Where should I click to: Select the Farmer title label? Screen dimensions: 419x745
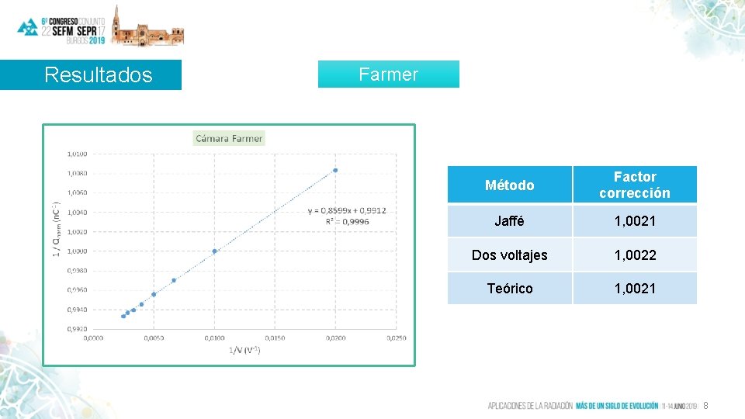pyautogui.click(x=388, y=74)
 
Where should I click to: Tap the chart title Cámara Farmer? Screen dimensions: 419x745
pyautogui.click(x=229, y=139)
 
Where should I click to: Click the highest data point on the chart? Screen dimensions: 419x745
pyautogui.click(x=335, y=170)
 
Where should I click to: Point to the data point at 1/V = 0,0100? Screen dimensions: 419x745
pyautogui.click(x=214, y=251)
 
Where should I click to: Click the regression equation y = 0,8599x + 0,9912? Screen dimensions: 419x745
pyautogui.click(x=347, y=210)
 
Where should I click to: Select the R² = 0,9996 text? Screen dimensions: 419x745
pyautogui.click(x=347, y=221)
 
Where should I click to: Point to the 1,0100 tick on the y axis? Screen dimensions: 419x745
pyautogui.click(x=76, y=154)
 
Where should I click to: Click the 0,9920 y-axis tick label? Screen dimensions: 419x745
pyautogui.click(x=76, y=328)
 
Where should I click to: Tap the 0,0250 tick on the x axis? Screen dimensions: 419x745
pyautogui.click(x=396, y=338)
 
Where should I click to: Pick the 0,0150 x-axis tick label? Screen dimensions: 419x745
pyautogui.click(x=275, y=338)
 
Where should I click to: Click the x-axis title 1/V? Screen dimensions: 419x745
pyautogui.click(x=244, y=351)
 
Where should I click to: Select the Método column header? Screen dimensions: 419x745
pyautogui.click(x=509, y=185)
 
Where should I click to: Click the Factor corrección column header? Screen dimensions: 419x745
pyautogui.click(x=634, y=185)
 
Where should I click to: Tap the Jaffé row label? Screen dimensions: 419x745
pyautogui.click(x=509, y=221)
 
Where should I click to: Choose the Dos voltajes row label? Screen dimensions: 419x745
pyautogui.click(x=509, y=255)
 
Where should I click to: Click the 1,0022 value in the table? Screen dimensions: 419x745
pyautogui.click(x=635, y=255)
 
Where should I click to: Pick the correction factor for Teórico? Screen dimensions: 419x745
pyautogui.click(x=635, y=289)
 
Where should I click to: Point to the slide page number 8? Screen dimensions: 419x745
pyautogui.click(x=705, y=406)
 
